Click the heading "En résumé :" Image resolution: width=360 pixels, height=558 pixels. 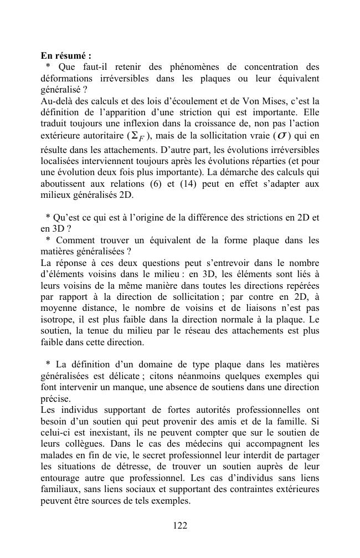tap(66, 56)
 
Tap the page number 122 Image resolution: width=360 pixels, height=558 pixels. tap(180, 526)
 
